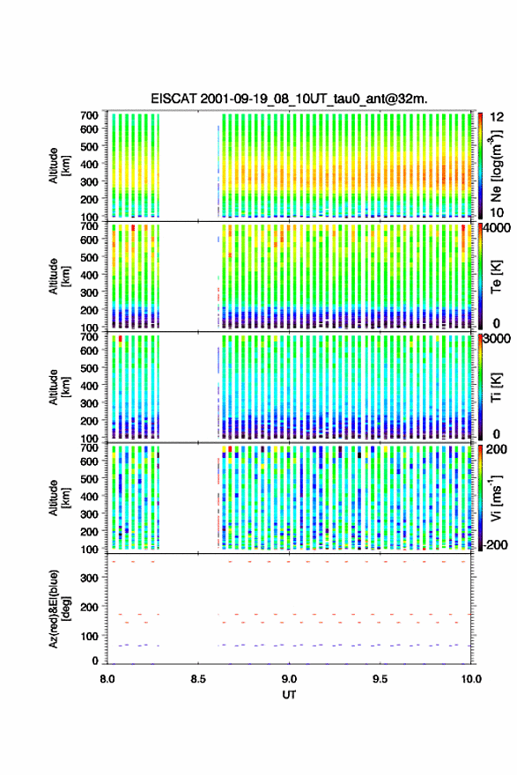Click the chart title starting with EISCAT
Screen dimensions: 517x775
[x=289, y=99]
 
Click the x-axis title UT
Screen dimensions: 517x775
[x=289, y=695]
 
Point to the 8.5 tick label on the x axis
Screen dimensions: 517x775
[x=198, y=679]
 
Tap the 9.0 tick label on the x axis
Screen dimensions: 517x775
[x=289, y=679]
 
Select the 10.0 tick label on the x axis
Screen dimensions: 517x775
[x=471, y=679]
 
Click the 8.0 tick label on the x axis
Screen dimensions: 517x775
[x=107, y=679]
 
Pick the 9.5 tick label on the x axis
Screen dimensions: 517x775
[x=380, y=679]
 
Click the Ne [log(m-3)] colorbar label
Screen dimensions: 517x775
[x=496, y=166]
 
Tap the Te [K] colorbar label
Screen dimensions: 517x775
[x=496, y=277]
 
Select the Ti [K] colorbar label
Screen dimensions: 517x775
[x=496, y=387]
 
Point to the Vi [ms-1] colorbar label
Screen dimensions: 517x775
[x=496, y=498]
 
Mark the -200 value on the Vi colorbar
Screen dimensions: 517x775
[x=495, y=544]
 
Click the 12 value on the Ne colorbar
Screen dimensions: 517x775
[x=498, y=117]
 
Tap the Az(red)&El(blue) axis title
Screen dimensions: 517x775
[x=58, y=609]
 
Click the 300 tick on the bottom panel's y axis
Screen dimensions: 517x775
[x=89, y=578]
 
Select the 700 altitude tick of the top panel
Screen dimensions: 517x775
[x=89, y=115]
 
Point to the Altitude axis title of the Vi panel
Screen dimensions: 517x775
[x=58, y=498]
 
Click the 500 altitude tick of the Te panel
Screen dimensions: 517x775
[x=89, y=257]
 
